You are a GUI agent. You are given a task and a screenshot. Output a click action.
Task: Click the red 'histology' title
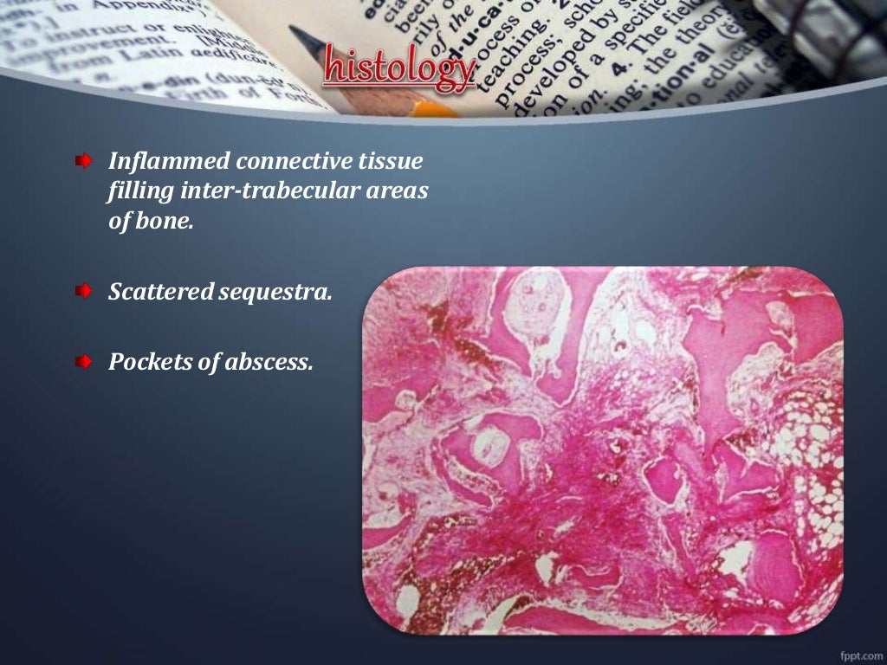pos(400,69)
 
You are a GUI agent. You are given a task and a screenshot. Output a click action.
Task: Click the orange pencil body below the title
pos(433,108)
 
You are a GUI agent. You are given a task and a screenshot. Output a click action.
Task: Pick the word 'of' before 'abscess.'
pos(208,362)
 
